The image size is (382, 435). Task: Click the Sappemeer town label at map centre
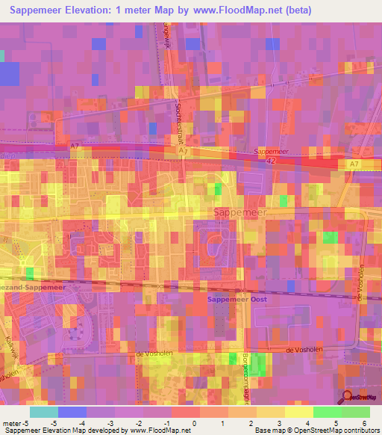tap(240, 213)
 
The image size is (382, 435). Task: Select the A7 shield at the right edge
tap(353, 163)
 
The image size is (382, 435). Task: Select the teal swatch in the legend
tap(44, 412)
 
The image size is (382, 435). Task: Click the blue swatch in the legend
tap(72, 412)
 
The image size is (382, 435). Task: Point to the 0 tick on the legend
tap(194, 422)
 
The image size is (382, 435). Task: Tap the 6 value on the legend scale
tap(366, 422)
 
